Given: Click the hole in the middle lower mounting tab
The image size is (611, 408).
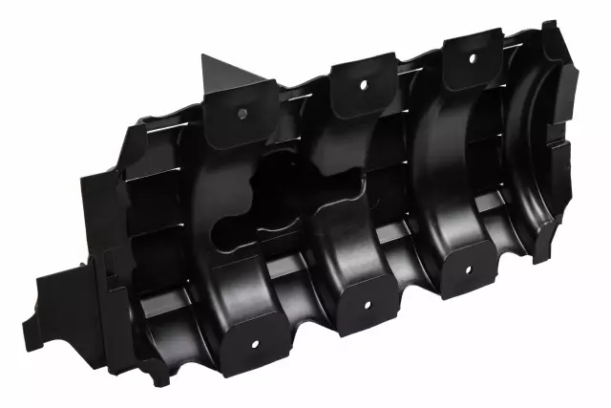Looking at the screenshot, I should [x=366, y=306].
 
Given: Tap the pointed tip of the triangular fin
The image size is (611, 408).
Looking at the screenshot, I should [x=204, y=54].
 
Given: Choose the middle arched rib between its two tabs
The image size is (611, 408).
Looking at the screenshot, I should [x=353, y=191].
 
